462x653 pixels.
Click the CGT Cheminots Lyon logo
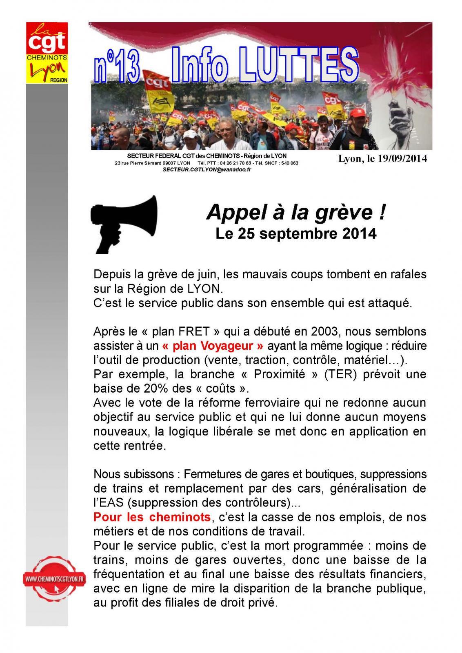[x=47, y=53]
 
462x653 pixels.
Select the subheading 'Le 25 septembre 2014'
[x=295, y=234]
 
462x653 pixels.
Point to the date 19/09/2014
[x=402, y=159]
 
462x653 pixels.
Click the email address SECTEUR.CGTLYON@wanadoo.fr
[x=207, y=169]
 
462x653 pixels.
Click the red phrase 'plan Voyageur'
[x=213, y=346]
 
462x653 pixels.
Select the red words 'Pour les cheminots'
[x=152, y=517]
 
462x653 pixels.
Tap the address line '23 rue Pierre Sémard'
[x=139, y=163]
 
